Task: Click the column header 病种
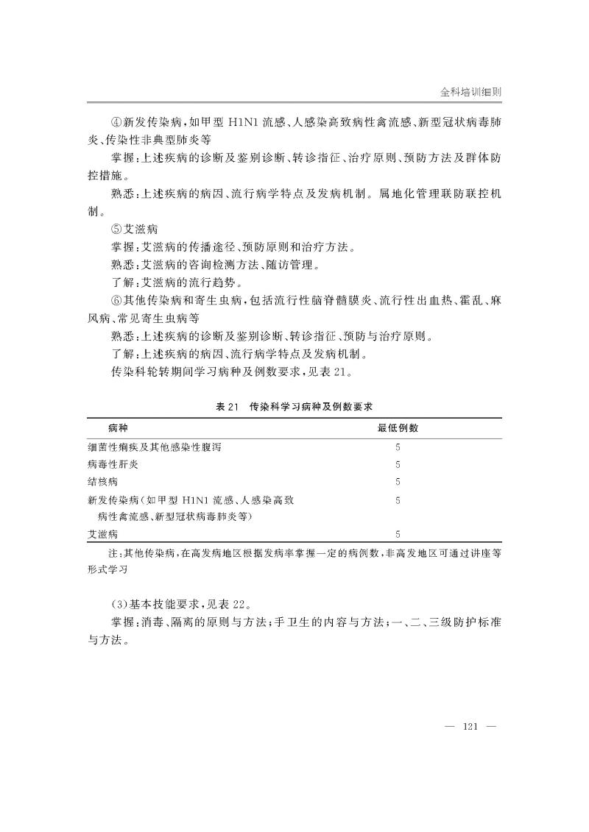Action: pyautogui.click(x=117, y=427)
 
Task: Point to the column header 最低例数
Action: pyautogui.click(x=398, y=427)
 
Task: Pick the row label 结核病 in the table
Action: pyautogui.click(x=102, y=482)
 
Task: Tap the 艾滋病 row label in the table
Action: pyautogui.click(x=102, y=534)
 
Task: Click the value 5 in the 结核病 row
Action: pyautogui.click(x=398, y=482)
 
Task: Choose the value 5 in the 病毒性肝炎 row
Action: pyautogui.click(x=398, y=464)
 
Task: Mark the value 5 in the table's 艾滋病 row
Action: pyautogui.click(x=398, y=534)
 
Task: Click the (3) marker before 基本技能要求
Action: pyautogui.click(x=119, y=604)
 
